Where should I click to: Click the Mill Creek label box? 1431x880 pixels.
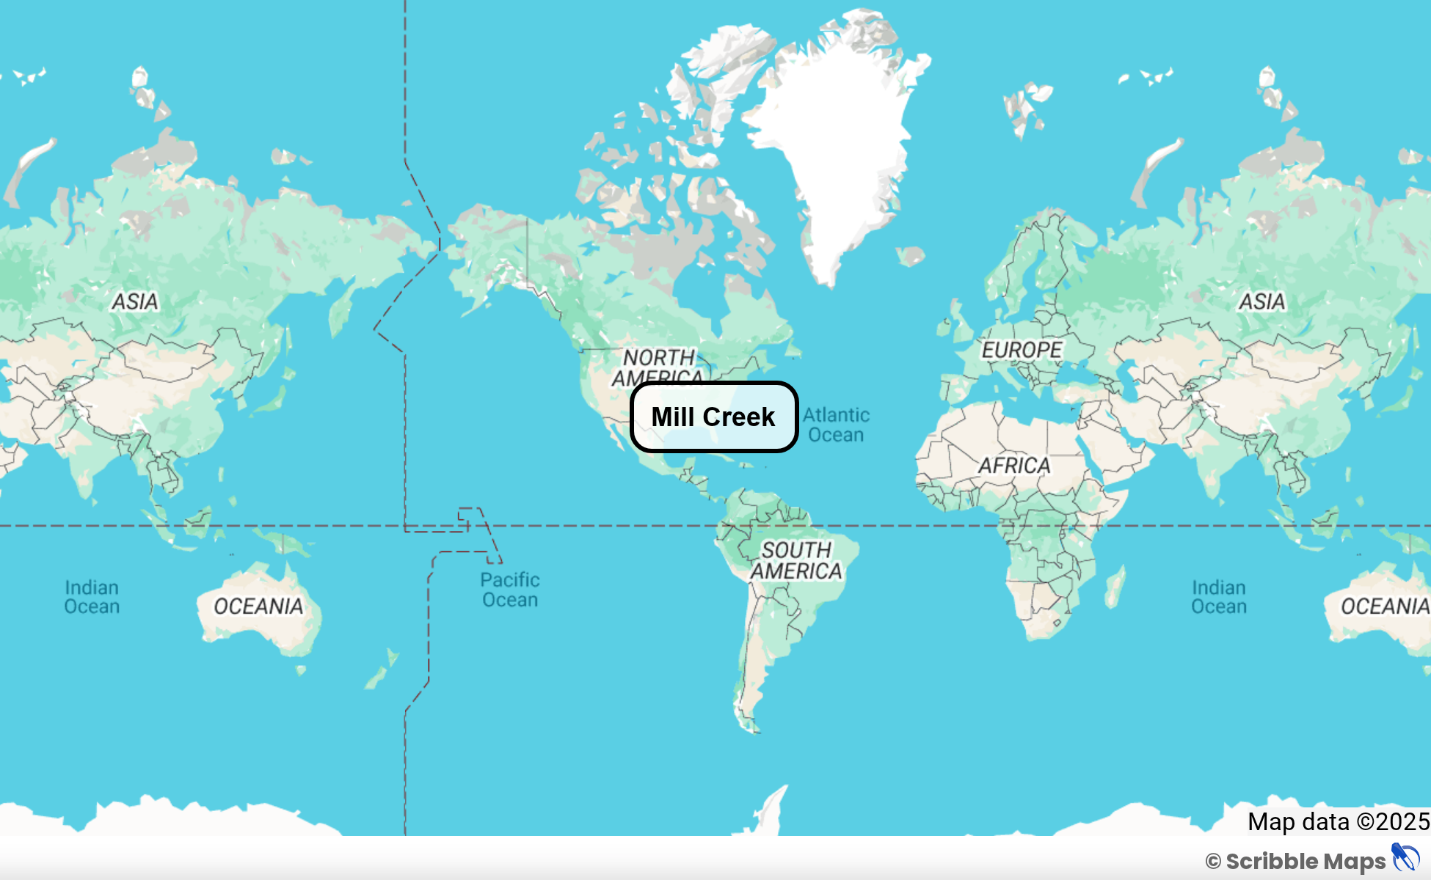(x=713, y=417)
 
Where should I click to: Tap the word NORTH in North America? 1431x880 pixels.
(x=658, y=357)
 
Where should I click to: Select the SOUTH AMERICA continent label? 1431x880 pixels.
(x=796, y=560)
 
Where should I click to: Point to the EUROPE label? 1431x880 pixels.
(x=1022, y=350)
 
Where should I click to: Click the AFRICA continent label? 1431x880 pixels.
(x=1014, y=465)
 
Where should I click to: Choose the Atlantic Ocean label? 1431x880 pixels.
(x=836, y=425)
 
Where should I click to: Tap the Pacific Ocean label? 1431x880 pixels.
(x=510, y=590)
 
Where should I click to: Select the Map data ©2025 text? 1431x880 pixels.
(x=1339, y=821)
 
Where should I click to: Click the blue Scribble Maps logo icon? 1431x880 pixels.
(x=1405, y=858)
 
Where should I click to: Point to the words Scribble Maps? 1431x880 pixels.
(x=1305, y=861)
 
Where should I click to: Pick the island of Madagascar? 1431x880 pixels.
(x=1115, y=588)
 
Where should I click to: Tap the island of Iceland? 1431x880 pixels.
(x=911, y=255)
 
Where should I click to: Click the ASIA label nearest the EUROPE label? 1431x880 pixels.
(x=1261, y=301)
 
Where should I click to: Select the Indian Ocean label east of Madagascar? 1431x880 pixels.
(x=1218, y=597)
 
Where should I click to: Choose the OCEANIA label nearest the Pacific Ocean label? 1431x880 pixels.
(x=258, y=606)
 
